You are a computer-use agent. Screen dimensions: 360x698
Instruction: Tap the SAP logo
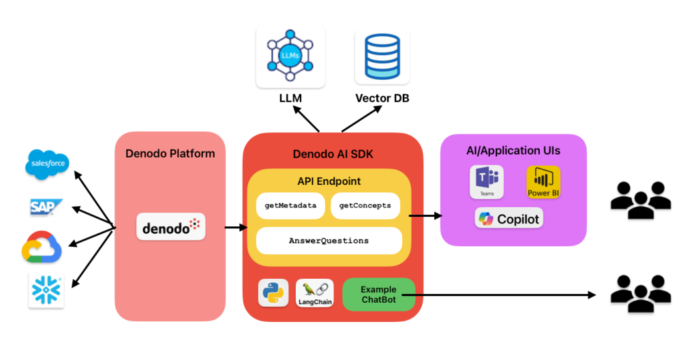point(46,207)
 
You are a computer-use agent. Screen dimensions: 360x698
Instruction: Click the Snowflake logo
point(46,290)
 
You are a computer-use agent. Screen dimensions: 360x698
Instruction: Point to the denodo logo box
point(170,226)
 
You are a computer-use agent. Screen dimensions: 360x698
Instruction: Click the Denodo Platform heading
point(170,153)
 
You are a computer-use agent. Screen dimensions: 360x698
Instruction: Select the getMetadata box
point(290,205)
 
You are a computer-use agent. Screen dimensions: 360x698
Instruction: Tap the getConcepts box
point(365,205)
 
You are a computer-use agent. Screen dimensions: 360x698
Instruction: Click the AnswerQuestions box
point(329,241)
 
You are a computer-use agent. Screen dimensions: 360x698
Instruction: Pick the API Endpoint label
point(329,181)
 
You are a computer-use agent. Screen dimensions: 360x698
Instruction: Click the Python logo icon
point(273,292)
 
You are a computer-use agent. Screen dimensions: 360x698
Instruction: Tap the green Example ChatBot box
point(378,295)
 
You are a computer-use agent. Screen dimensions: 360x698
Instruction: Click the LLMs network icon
point(290,55)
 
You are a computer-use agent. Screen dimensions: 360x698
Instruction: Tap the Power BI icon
point(543,182)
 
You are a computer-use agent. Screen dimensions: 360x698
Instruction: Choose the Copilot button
point(509,219)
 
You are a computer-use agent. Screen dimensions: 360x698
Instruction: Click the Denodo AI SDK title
point(333,155)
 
